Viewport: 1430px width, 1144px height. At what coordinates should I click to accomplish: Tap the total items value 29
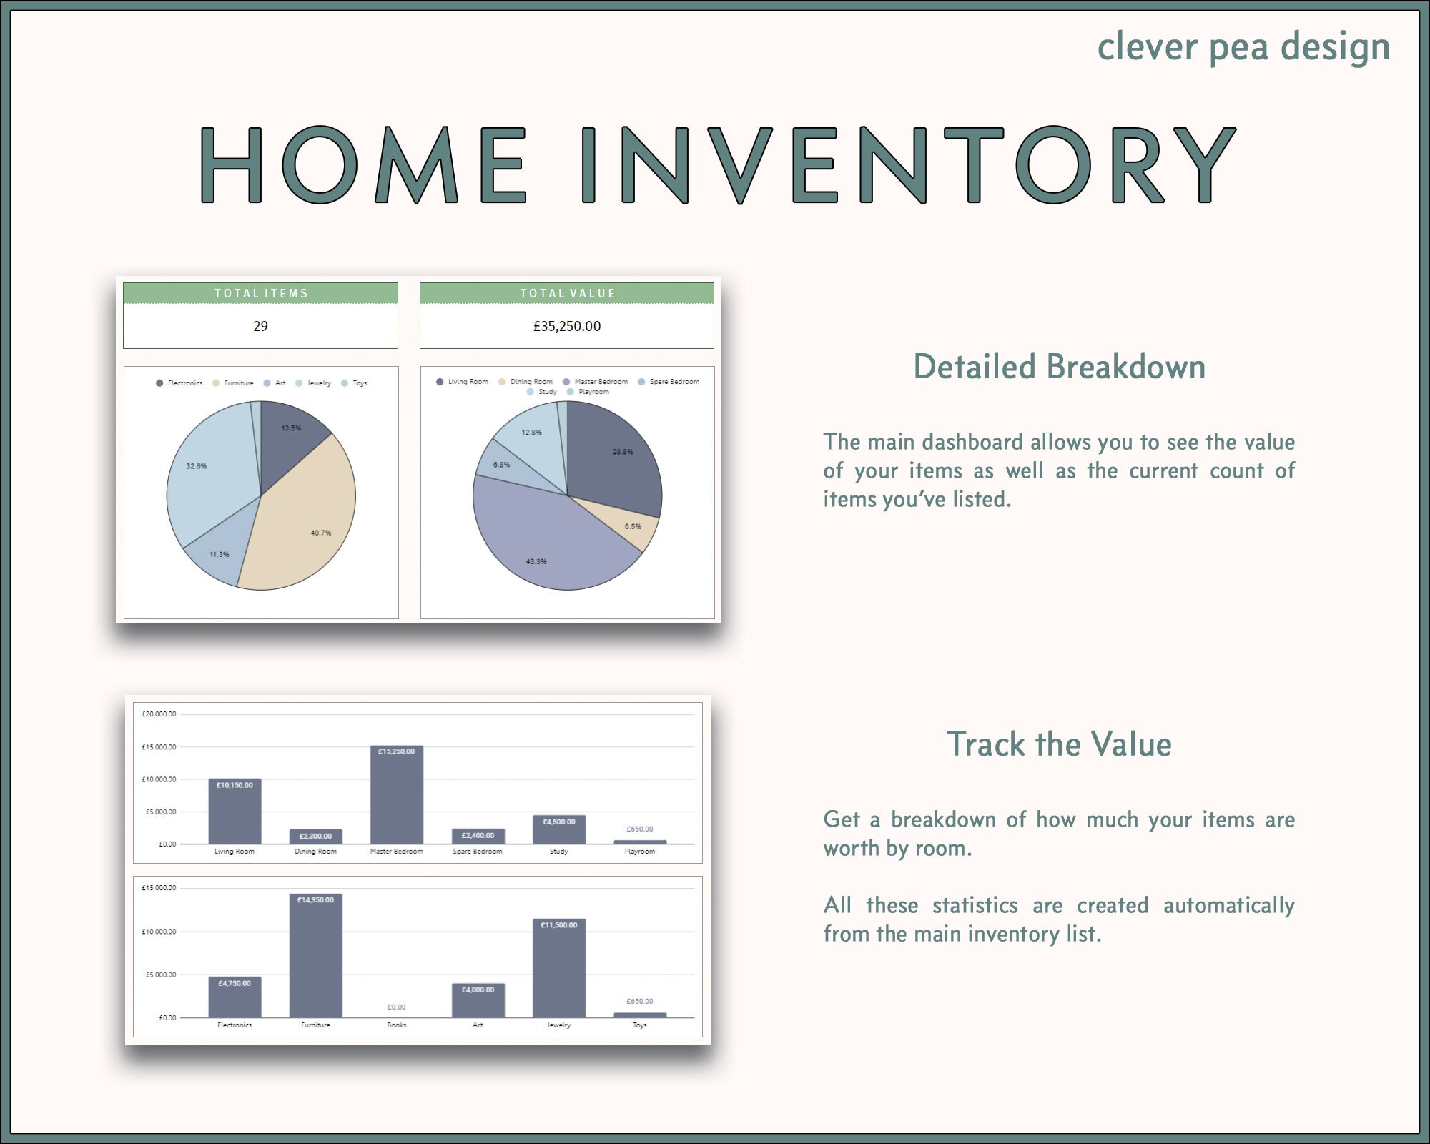pyautogui.click(x=260, y=326)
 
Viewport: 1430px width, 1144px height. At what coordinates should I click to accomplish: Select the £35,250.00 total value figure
pyautogui.click(x=567, y=326)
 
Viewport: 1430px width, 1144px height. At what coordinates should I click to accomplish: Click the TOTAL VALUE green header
pyautogui.click(x=567, y=293)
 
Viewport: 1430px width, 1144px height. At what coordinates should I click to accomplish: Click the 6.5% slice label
pyautogui.click(x=633, y=526)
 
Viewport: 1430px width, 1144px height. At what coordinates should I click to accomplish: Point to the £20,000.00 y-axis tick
pyautogui.click(x=159, y=714)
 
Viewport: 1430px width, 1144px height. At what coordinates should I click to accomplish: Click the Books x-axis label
pyautogui.click(x=397, y=1025)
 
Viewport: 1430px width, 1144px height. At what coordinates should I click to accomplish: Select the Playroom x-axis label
pyautogui.click(x=640, y=852)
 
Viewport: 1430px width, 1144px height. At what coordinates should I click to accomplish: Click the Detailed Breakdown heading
pyautogui.click(x=1059, y=368)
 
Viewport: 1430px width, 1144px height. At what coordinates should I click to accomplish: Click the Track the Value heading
pyautogui.click(x=1059, y=744)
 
